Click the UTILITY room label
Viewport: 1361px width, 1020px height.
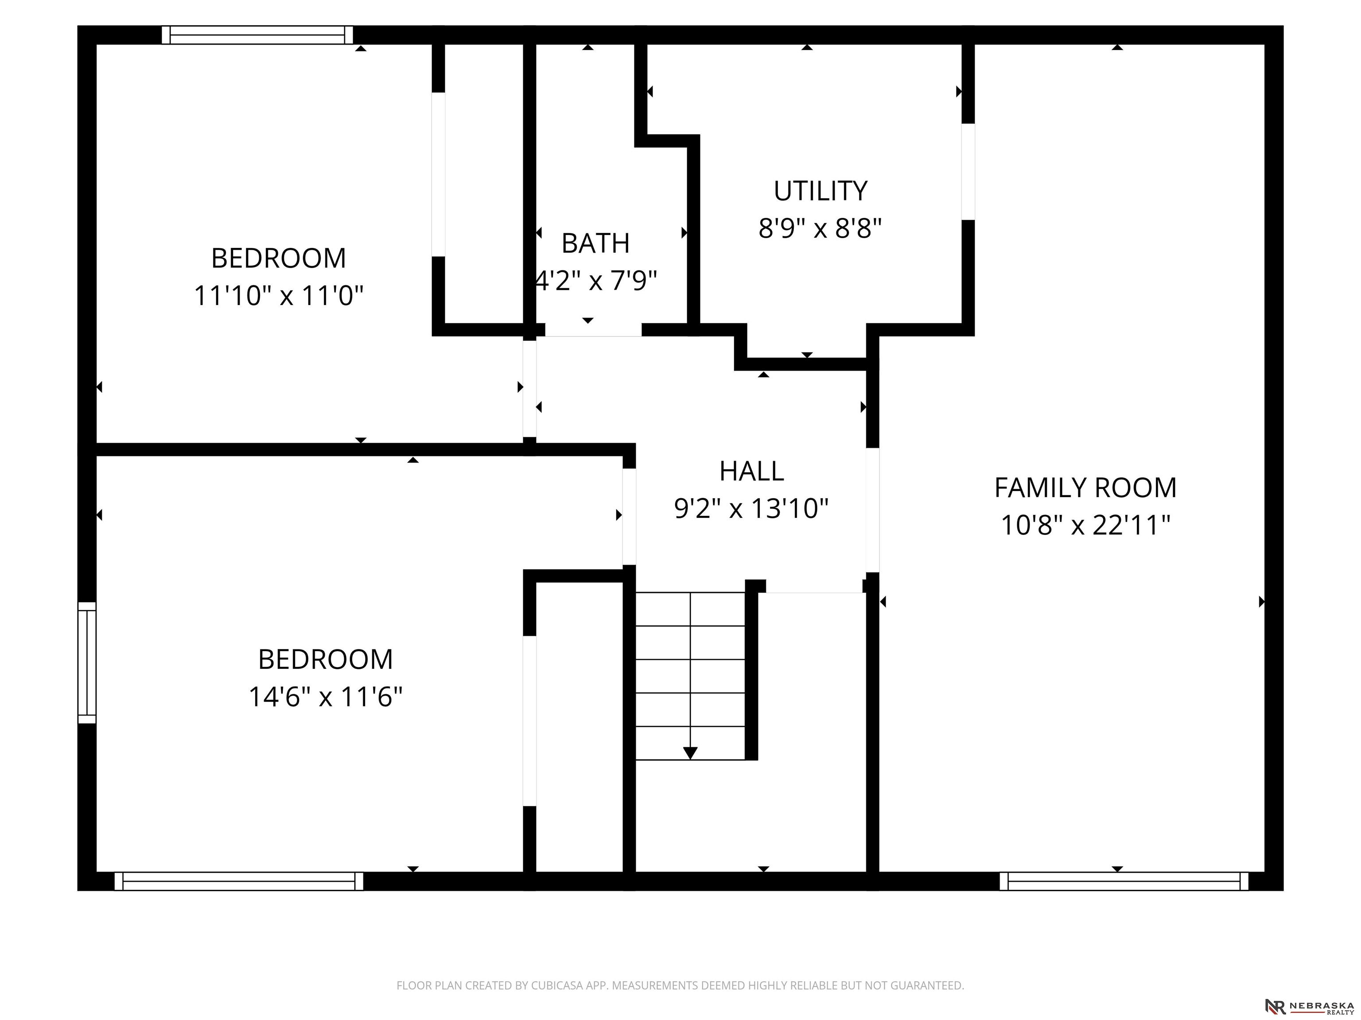pyautogui.click(x=820, y=191)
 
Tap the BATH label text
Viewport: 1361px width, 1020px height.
pyautogui.click(x=595, y=243)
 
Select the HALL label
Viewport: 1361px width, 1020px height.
pyautogui.click(x=751, y=471)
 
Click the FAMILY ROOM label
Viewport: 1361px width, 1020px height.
pyautogui.click(x=1085, y=488)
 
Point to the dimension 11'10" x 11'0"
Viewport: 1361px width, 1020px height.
pyautogui.click(x=279, y=296)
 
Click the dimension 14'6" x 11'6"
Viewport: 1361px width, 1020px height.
pyautogui.click(x=326, y=697)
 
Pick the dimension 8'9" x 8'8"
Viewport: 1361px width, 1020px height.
pyautogui.click(x=820, y=229)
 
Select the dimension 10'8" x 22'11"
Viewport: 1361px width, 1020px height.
pyautogui.click(x=1085, y=525)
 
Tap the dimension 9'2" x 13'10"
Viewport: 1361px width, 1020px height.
pyautogui.click(x=751, y=509)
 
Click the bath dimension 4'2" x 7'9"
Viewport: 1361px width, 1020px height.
pyautogui.click(x=595, y=281)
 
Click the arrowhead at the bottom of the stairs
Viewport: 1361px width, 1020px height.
pyautogui.click(x=690, y=753)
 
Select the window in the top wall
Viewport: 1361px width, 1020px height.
pyautogui.click(x=257, y=35)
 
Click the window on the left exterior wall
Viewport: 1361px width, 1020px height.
pyautogui.click(x=87, y=663)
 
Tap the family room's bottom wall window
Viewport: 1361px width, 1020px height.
pyautogui.click(x=1124, y=881)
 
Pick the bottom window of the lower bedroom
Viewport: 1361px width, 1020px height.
pyautogui.click(x=239, y=881)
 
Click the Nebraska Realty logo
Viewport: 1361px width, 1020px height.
pyautogui.click(x=1309, y=1006)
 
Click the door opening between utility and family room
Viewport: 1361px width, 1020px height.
pyautogui.click(x=968, y=171)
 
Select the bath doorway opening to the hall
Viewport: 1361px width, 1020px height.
pyautogui.click(x=593, y=330)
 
